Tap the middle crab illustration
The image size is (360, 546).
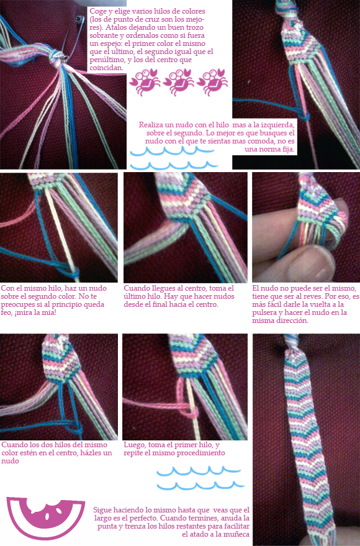click(179, 82)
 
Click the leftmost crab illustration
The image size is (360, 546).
click(145, 82)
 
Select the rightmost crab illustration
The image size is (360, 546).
click(212, 82)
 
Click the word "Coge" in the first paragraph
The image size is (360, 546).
click(97, 12)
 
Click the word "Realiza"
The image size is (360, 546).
click(151, 125)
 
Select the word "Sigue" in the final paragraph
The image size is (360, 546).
click(102, 511)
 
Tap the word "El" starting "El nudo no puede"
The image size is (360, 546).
click(256, 288)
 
